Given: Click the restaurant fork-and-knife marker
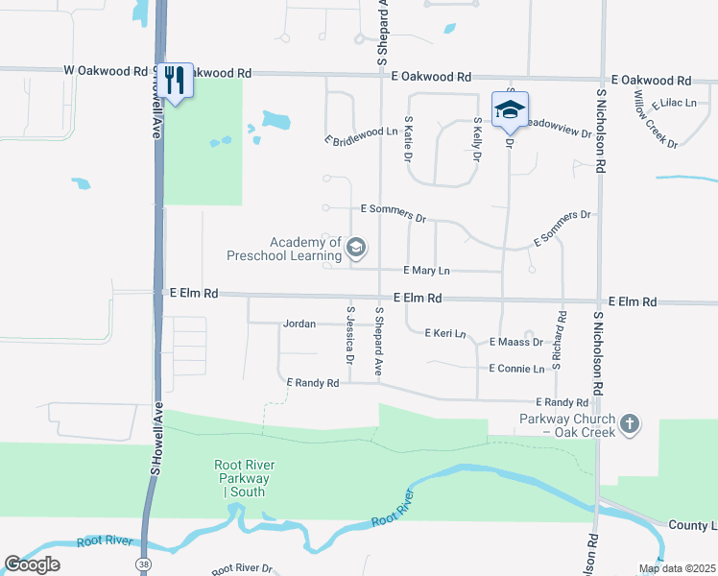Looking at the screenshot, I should [174, 80].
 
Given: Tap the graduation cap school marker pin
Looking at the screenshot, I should [510, 109].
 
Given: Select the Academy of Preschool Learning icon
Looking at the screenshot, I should [356, 249].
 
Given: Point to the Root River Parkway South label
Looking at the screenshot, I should [242, 478].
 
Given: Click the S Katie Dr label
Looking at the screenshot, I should [409, 137].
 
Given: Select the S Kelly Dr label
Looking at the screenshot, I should [476, 138].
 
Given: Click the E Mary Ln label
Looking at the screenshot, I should [426, 272].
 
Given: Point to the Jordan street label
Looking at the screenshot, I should [299, 324].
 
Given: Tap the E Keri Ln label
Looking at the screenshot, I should [445, 334].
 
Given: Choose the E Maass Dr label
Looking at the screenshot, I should [515, 342].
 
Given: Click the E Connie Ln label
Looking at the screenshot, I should [516, 369].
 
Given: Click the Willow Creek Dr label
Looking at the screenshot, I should [656, 120].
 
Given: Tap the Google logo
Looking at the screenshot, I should [32, 564].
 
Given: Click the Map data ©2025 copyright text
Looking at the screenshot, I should [677, 568].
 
